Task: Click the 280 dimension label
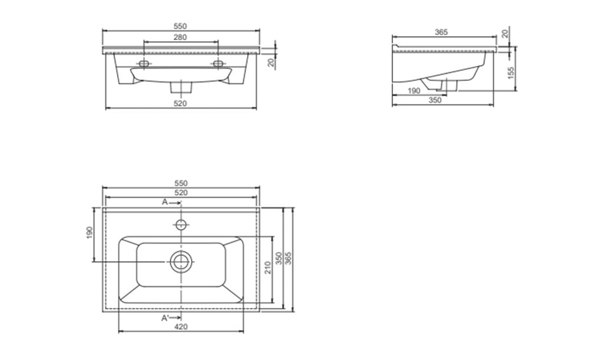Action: point(180,37)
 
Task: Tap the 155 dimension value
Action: point(511,73)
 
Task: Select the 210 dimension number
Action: point(268,268)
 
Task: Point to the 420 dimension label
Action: point(181,326)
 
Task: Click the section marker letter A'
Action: point(165,318)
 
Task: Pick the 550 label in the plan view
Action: point(181,184)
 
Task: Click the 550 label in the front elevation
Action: point(180,27)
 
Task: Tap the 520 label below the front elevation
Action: point(180,103)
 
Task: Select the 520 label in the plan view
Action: point(181,193)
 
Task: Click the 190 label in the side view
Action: point(414,91)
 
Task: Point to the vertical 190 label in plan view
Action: point(89,233)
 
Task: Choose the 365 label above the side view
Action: point(441,32)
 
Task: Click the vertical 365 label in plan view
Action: point(289,258)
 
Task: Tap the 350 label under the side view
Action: point(435,100)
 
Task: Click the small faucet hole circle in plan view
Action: point(181,225)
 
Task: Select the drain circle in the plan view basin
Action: point(181,262)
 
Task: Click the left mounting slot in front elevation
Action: point(144,63)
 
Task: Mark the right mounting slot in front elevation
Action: point(218,63)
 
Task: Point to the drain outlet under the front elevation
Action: point(181,87)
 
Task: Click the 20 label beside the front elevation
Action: point(271,63)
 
